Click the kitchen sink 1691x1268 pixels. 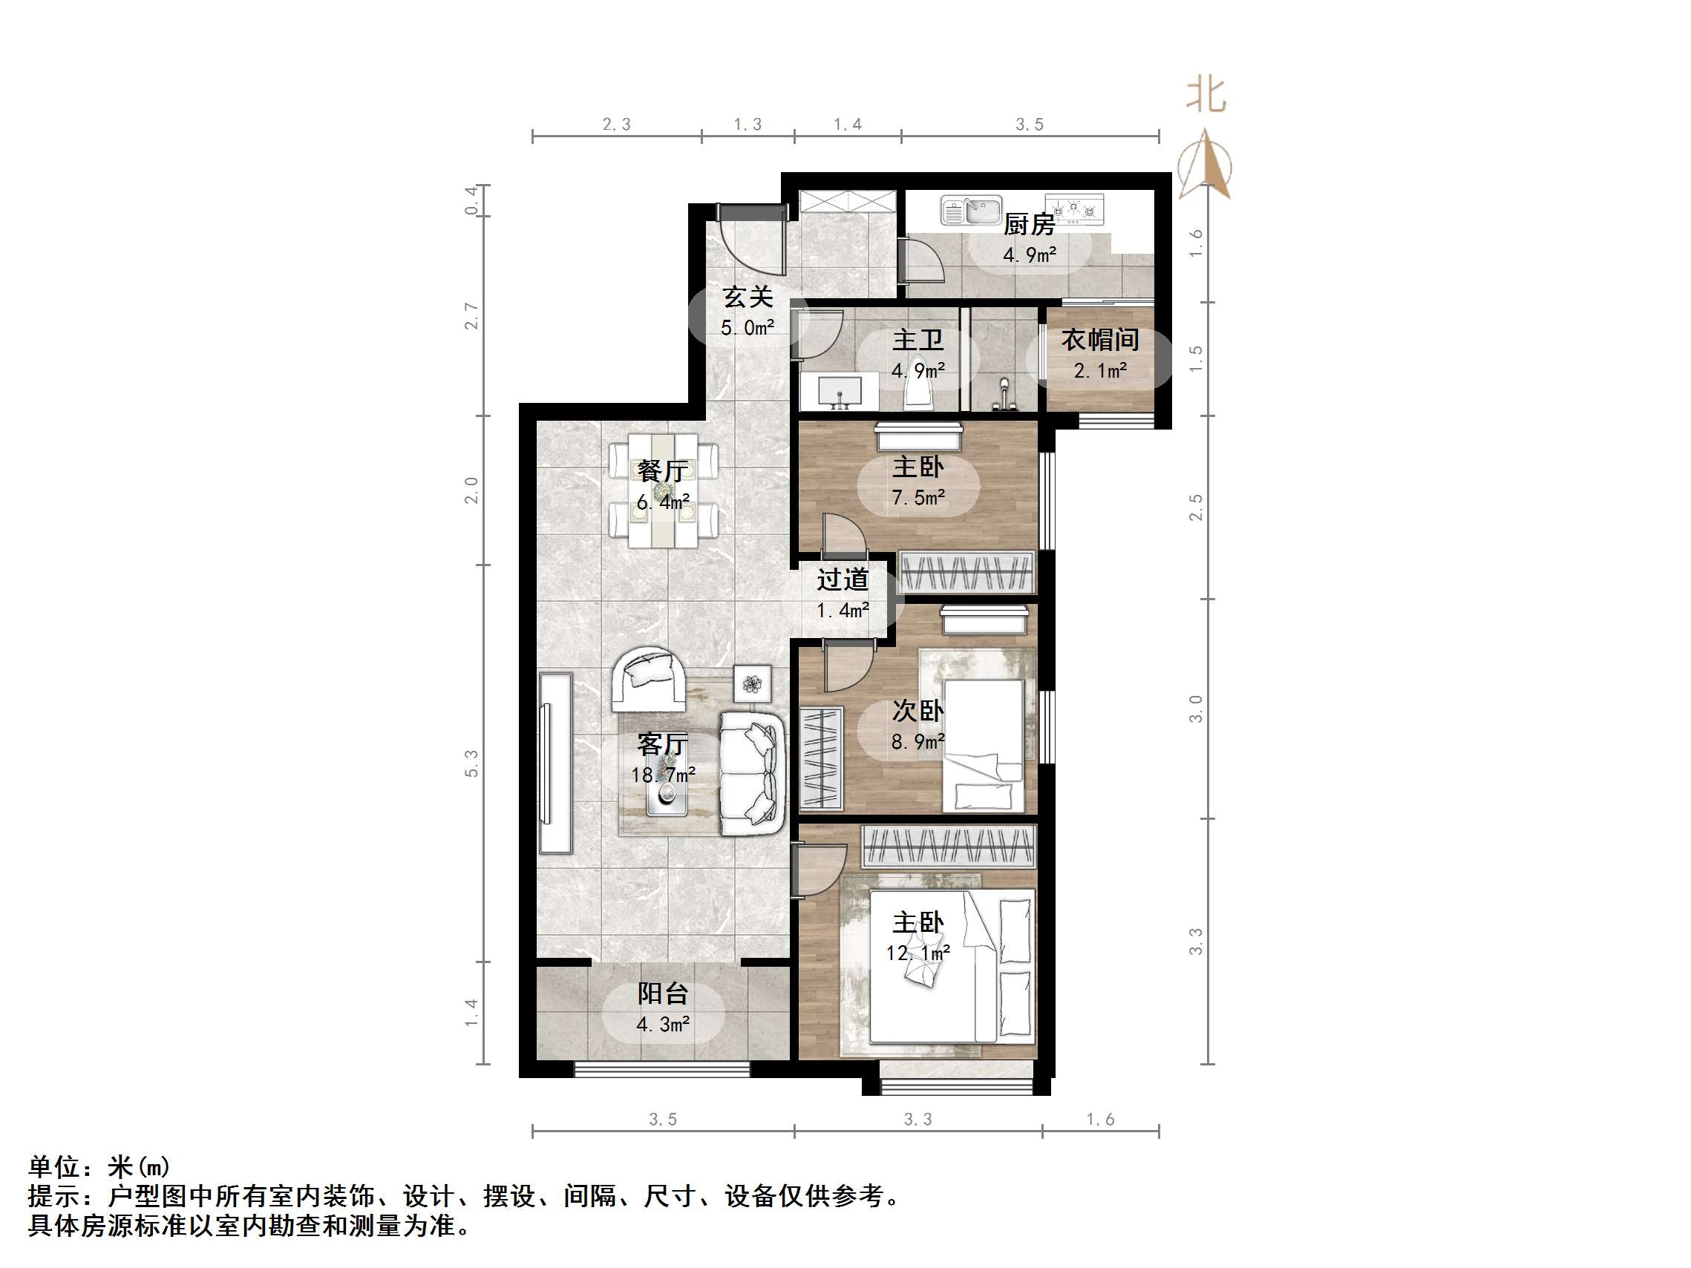click(x=971, y=210)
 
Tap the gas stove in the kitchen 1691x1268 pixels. click(x=1075, y=209)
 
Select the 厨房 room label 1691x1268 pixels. click(x=1029, y=225)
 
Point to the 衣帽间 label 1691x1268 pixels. click(x=1100, y=340)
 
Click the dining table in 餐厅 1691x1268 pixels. click(x=663, y=490)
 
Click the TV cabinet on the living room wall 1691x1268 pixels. click(x=555, y=762)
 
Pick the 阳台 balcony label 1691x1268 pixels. click(x=663, y=993)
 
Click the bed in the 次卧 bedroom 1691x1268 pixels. click(x=982, y=746)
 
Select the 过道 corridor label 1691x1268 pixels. click(x=843, y=580)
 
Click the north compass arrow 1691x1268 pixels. click(x=1205, y=164)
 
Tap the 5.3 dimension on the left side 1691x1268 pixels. click(x=471, y=763)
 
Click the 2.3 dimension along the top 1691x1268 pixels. click(x=616, y=125)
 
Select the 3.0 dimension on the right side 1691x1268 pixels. click(x=1196, y=709)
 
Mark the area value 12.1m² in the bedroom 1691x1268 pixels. click(x=918, y=953)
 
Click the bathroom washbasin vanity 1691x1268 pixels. click(x=840, y=392)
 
